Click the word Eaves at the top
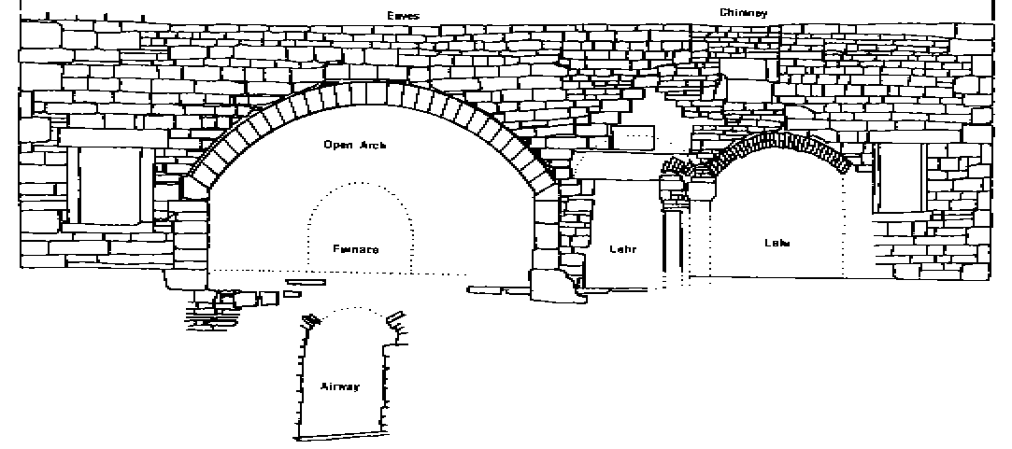408,16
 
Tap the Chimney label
744,13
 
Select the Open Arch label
354,145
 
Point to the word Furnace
355,249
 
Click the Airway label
340,386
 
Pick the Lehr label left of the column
622,249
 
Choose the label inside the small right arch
777,243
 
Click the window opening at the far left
109,184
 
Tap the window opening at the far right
902,178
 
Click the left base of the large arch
192,233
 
